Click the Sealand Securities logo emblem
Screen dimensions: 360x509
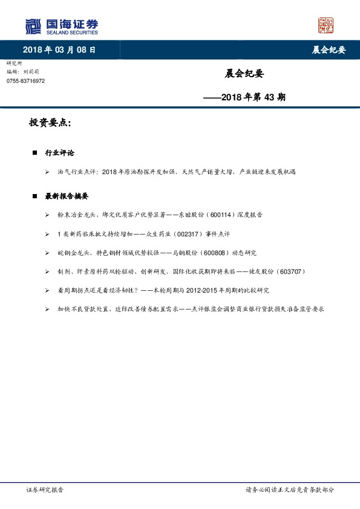[33, 26]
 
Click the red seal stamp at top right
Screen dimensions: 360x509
[326, 25]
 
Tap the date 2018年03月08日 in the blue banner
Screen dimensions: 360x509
[59, 50]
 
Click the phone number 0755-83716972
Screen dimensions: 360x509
[25, 80]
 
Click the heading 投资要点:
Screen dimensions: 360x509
[50, 123]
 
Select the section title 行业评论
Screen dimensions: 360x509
[59, 153]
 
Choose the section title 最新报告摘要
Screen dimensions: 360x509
[67, 196]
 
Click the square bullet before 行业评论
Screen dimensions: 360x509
[34, 153]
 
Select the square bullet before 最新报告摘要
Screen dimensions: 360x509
[34, 196]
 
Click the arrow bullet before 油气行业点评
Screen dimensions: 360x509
[47, 172]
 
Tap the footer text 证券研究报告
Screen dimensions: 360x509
[45, 490]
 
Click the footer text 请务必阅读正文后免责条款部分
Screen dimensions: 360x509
[289, 490]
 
